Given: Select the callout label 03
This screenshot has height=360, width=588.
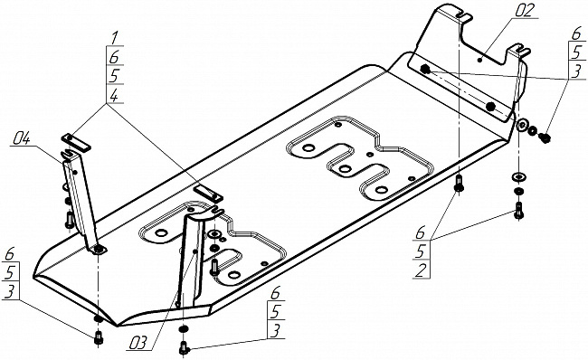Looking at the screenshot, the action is pos(138,344).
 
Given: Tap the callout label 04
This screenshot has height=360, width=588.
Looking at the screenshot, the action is pos(22,139).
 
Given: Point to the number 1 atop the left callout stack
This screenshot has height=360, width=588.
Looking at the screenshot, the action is pos(114,38).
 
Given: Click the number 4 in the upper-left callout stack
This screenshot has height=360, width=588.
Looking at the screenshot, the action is pos(114,96).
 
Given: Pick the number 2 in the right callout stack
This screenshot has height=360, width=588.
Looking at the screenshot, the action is pos(422,270).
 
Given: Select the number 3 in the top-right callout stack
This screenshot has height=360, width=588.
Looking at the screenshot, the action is pos(577,71).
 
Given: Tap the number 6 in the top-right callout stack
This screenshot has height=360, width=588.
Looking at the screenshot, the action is pos(576,33).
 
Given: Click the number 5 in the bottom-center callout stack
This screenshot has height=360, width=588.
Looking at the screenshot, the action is pos(276,311).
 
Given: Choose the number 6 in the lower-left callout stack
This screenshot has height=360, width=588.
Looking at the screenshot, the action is pos(9,254).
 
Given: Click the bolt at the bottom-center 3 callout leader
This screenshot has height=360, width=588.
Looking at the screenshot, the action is pos(184,347).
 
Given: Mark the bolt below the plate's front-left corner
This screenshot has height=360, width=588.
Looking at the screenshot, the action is pos(99,337).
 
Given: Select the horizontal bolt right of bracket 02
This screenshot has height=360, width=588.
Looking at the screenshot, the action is pos(544,137).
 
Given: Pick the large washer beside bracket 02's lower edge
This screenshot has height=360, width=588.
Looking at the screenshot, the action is pos(522,125).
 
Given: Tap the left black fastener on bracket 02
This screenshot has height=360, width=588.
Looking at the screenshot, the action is pos(425,70).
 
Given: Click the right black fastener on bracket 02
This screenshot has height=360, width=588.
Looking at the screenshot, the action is pos(489,107).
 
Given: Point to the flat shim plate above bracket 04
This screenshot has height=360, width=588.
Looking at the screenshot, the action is pos(76,142).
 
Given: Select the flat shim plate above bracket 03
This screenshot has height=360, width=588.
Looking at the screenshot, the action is pos(208,193).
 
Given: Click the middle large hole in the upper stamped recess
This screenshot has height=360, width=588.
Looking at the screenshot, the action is pos(345,169).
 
